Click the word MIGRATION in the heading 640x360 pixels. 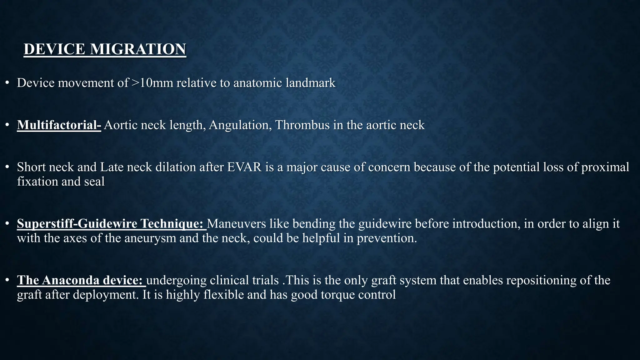point(138,49)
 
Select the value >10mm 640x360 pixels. point(152,83)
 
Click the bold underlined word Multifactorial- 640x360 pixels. point(59,125)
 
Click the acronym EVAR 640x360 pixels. point(244,167)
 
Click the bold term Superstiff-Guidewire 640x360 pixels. point(77,224)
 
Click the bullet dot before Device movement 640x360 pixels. point(7,83)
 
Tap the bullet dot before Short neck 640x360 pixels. point(7,167)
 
